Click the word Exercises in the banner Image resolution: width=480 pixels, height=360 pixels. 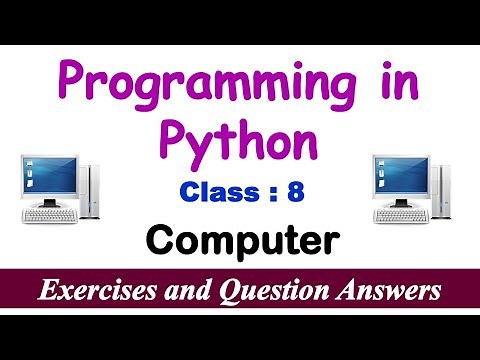(x=97, y=292)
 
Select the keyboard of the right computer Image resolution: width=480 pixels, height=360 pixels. (x=404, y=213)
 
